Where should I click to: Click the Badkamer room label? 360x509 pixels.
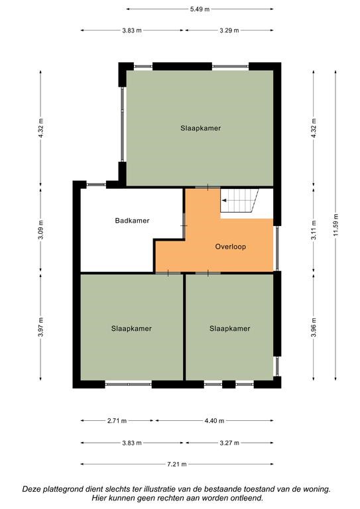tap(132, 221)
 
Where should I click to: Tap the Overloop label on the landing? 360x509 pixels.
tap(231, 247)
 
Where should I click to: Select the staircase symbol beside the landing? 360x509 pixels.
tap(239, 200)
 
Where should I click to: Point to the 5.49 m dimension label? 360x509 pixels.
tap(200, 9)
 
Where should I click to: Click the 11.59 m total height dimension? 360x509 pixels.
tap(335, 225)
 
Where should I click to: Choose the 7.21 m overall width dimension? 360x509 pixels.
tap(177, 464)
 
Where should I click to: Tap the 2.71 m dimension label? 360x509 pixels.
tap(117, 421)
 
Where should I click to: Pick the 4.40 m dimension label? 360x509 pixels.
tap(214, 421)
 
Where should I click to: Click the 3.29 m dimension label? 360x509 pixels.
tap(229, 30)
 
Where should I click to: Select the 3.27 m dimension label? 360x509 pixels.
tap(229, 443)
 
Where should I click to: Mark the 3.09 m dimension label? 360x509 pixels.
tap(40, 230)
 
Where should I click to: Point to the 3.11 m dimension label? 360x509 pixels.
tap(314, 230)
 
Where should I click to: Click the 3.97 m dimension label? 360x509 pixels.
tap(40, 327)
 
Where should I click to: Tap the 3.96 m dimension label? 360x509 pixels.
tap(314, 327)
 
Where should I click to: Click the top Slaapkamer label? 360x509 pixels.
tap(201, 128)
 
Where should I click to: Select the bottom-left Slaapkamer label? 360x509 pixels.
tap(131, 329)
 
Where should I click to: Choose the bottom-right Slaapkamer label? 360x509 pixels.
tap(230, 329)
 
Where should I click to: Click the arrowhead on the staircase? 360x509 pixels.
tap(224, 201)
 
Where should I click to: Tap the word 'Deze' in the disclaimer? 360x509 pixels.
tap(31, 488)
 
